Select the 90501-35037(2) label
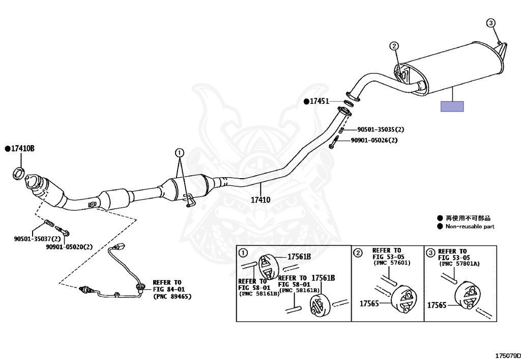click(x=37, y=238)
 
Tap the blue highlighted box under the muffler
click(x=452, y=106)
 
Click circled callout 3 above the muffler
click(x=490, y=22)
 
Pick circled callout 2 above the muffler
click(x=394, y=46)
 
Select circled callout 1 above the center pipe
click(x=179, y=152)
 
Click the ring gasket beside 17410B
click(x=18, y=172)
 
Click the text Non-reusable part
click(x=470, y=227)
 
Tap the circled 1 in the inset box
click(x=243, y=252)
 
